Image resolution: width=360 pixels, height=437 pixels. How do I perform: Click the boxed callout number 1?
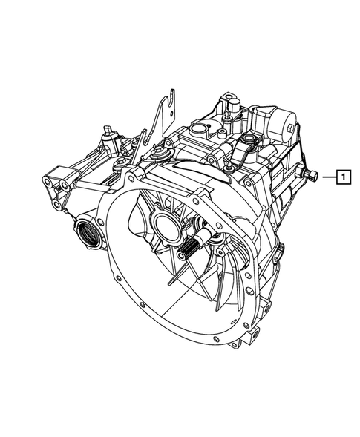click(x=343, y=177)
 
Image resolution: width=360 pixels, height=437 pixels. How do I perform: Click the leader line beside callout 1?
click(x=329, y=177)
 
